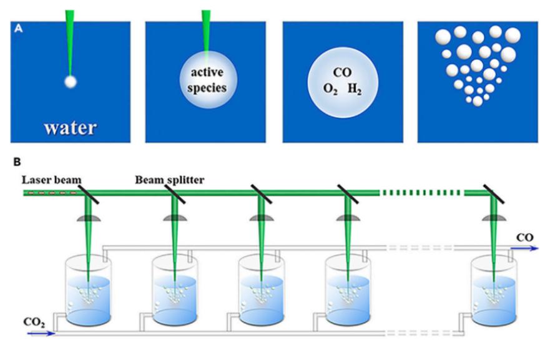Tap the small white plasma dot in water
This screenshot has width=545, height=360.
click(70, 80)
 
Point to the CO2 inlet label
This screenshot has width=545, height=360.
click(34, 323)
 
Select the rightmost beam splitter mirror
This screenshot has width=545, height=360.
click(494, 193)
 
